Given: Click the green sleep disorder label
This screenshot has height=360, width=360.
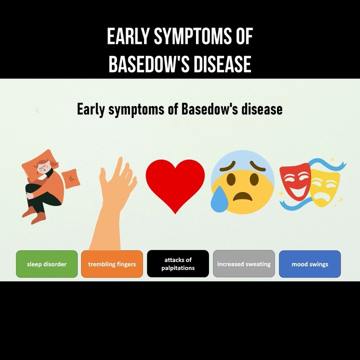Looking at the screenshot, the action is [x=47, y=264].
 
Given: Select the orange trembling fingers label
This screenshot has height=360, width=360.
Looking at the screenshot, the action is [x=112, y=264].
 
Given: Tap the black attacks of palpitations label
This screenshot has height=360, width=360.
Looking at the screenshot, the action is [x=178, y=264].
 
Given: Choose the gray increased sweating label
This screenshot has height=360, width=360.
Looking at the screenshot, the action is [x=244, y=264].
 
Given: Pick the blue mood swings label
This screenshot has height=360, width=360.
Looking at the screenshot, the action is [x=309, y=264].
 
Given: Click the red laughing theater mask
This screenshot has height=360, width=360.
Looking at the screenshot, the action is [x=295, y=181].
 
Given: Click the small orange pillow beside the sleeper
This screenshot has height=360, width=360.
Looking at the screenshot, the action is [x=71, y=178].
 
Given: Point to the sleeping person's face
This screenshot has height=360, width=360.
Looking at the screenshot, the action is [x=43, y=169].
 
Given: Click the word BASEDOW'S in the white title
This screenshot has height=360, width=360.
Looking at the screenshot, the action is [x=149, y=64].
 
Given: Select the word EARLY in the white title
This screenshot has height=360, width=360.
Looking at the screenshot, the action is [x=128, y=36].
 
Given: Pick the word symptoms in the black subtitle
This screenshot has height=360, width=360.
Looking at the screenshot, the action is [x=136, y=109].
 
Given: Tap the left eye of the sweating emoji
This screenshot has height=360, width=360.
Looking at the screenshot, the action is [x=231, y=179].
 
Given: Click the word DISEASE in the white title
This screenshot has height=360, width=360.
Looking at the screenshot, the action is [x=222, y=64].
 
